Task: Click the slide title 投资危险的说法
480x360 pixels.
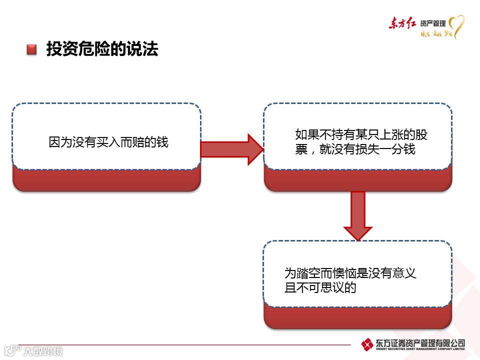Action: tap(102, 49)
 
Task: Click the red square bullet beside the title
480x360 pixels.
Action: tap(32, 49)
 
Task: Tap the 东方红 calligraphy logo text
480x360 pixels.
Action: tap(402, 23)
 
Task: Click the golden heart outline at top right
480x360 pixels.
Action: tap(456, 26)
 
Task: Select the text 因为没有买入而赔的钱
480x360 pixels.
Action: tap(108, 142)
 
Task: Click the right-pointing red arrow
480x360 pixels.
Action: tap(231, 149)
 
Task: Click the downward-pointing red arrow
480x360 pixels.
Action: tap(358, 215)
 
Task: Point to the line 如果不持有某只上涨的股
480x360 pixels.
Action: tap(361, 135)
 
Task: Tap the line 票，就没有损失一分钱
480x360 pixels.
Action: tap(355, 149)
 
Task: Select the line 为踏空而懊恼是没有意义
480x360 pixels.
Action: tap(350, 273)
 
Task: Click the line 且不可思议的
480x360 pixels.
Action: tap(320, 287)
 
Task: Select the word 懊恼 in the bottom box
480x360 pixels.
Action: tap(343, 273)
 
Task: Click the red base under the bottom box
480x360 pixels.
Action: tap(357, 318)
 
